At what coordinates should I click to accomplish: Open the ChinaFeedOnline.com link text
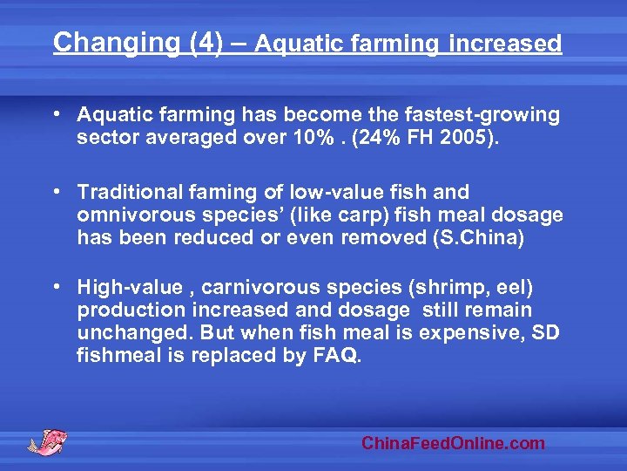(453, 443)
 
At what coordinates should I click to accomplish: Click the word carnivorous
(261, 287)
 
